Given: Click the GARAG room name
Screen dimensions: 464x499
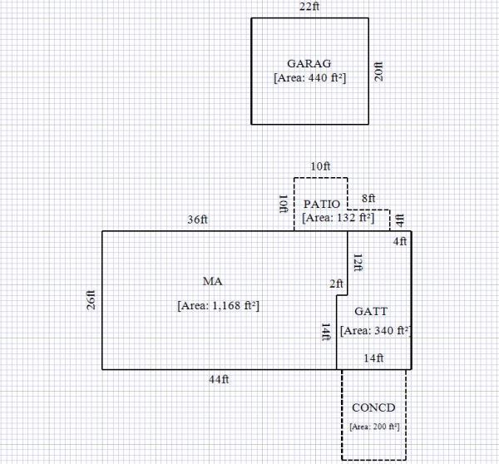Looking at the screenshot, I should tap(310, 63).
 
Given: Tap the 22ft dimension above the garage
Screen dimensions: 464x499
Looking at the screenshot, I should tap(309, 7).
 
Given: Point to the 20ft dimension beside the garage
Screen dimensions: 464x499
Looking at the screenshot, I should tap(379, 70).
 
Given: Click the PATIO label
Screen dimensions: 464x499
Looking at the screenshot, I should tap(320, 204).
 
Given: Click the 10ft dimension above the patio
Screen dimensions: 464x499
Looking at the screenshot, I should tap(320, 166).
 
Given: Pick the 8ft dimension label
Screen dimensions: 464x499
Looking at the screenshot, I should tap(368, 199).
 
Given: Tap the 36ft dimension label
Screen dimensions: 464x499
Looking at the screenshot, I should tap(197, 220).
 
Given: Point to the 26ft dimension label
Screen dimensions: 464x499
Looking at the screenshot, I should tap(91, 299).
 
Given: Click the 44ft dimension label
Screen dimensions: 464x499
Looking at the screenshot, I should tap(219, 379).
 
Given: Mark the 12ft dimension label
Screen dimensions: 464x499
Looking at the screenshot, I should tap(358, 264).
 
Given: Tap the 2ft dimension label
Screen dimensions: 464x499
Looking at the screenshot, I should tap(337, 284).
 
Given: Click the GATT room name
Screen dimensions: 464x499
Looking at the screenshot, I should tap(371, 312).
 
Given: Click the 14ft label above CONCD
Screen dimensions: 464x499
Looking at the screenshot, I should tap(374, 358).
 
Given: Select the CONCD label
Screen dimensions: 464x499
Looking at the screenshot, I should tap(373, 407).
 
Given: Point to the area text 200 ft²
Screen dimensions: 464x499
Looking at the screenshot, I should tap(374, 426).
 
